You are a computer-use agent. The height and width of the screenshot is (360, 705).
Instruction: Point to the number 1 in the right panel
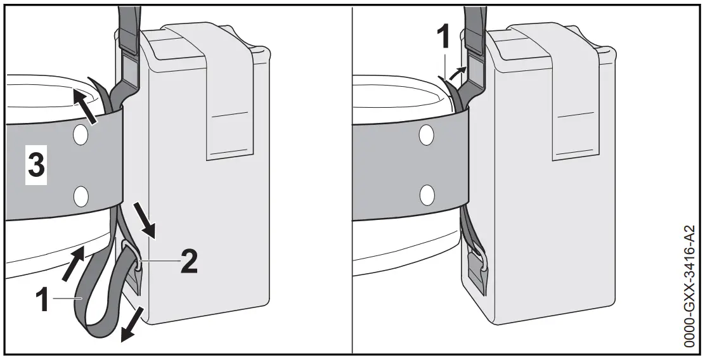444,37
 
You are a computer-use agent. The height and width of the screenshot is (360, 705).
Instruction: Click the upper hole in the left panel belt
81,134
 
